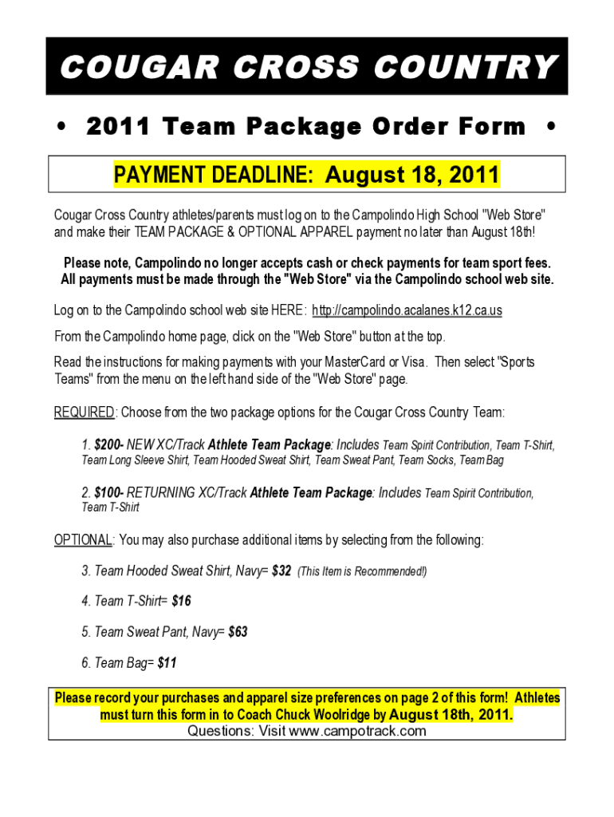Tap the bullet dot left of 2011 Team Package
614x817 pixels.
[60, 127]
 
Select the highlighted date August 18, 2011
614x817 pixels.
[411, 175]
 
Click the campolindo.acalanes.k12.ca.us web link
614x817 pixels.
[407, 310]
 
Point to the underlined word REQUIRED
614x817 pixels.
[85, 412]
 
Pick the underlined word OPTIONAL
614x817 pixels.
[83, 540]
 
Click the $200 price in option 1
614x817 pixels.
[108, 444]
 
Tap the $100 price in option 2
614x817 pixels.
[108, 493]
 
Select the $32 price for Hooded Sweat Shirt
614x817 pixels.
[281, 571]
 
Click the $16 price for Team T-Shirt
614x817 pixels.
[182, 601]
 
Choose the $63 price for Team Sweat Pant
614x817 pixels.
[238, 632]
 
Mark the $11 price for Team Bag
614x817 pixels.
[167, 662]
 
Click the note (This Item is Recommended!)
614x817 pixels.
[362, 571]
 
